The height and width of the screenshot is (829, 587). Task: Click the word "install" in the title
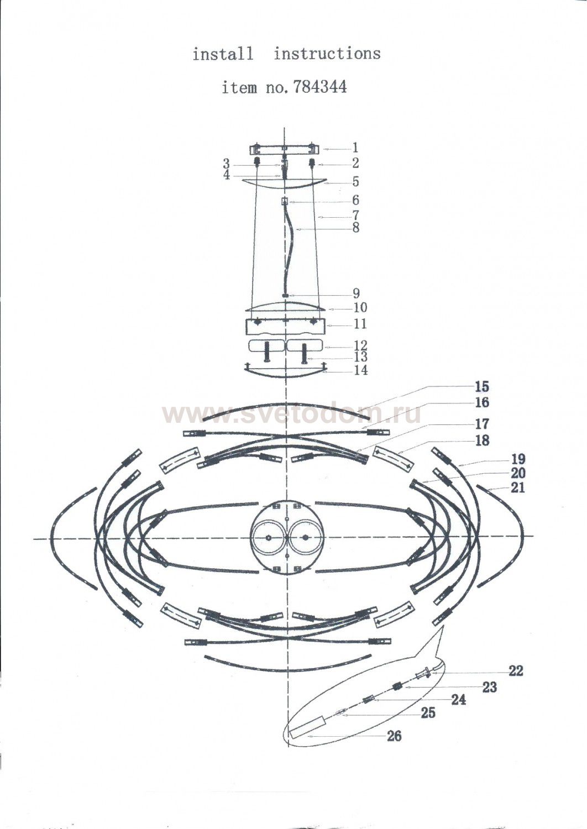click(223, 54)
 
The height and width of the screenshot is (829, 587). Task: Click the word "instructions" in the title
click(327, 54)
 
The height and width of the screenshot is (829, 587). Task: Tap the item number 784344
click(319, 87)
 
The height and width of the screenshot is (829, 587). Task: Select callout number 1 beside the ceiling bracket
click(355, 148)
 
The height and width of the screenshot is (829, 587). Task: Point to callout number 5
click(355, 182)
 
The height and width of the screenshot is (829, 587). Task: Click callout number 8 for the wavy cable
click(355, 228)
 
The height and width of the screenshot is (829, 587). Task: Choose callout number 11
click(360, 324)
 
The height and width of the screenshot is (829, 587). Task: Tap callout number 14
click(360, 370)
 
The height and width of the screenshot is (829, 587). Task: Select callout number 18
click(482, 441)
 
